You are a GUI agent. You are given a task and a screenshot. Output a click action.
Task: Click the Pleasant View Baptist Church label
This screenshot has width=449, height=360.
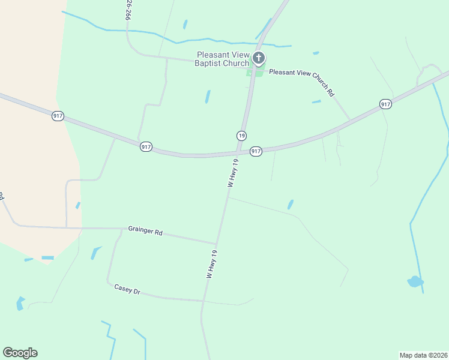click(x=223, y=59)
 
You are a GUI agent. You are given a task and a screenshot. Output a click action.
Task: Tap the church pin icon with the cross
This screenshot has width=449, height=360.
click(x=259, y=58)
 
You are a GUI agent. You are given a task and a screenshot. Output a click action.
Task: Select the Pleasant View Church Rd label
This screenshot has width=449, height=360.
click(x=302, y=82)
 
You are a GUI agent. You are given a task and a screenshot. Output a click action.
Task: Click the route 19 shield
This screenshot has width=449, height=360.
click(x=241, y=136)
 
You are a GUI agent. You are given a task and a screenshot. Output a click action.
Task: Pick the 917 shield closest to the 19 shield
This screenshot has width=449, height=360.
click(x=256, y=151)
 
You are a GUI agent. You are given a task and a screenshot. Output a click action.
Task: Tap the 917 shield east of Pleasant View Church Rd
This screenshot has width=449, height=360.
click(x=385, y=104)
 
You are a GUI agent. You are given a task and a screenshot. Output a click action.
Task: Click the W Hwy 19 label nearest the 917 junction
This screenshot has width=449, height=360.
click(x=234, y=173)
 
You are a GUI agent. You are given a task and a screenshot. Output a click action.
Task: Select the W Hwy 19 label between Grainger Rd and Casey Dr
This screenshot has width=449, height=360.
click(x=211, y=264)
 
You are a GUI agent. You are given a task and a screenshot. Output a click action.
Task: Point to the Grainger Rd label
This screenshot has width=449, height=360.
click(x=145, y=231)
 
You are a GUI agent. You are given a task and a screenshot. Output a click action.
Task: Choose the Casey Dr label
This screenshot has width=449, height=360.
click(x=127, y=289)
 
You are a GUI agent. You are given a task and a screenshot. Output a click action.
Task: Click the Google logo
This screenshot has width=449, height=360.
click(x=20, y=353)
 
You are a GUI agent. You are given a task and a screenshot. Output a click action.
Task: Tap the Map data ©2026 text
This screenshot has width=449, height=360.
click(x=423, y=355)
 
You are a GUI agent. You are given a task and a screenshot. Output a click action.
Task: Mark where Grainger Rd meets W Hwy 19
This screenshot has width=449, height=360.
click(x=216, y=244)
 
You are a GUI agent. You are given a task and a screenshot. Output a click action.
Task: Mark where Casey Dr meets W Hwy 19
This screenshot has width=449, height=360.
click(x=203, y=301)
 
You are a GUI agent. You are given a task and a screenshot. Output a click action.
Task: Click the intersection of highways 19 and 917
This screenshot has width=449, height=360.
click(x=238, y=152)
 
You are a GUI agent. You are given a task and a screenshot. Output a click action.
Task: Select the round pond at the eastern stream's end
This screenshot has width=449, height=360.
click(x=414, y=281)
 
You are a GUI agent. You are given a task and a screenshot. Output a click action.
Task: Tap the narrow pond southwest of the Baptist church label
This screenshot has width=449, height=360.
click(x=208, y=97)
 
